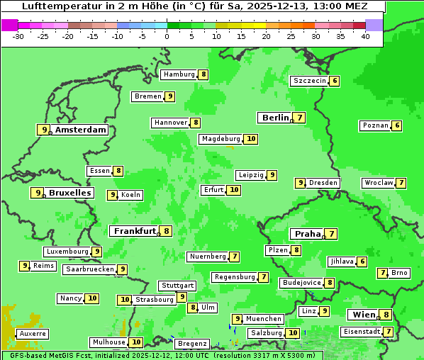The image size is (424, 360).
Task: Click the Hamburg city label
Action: tap(179, 74)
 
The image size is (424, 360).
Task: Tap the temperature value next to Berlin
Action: tap(300, 118)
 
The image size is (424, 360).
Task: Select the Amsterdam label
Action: tap(80, 130)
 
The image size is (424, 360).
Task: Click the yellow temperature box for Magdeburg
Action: tap(250, 139)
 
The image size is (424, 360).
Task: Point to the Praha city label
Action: tap(307, 234)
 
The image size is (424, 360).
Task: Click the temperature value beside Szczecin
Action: tap(334, 81)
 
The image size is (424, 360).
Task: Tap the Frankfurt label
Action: tap(135, 231)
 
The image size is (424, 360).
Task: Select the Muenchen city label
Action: tap(264, 319)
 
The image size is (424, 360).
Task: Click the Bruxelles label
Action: tap(69, 193)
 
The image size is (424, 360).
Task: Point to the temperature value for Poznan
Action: tap(396, 126)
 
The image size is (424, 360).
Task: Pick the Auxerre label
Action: tap(33, 333)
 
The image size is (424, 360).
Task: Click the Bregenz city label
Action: tap(191, 344)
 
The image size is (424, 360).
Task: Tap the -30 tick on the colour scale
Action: tap(19, 35)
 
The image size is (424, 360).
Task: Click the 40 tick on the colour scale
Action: tap(364, 35)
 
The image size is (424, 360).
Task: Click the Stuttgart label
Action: tap(177, 286)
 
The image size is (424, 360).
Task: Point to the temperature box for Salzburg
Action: tap(293, 333)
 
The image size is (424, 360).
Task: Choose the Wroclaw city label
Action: tap(378, 183)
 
